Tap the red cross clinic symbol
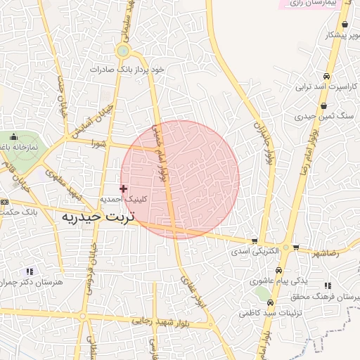click(124, 188)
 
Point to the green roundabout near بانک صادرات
click(123, 51)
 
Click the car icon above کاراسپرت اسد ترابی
click(326, 76)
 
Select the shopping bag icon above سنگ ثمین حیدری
click(323, 106)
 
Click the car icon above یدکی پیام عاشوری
click(279, 270)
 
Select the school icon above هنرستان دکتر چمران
click(30, 271)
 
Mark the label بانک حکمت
click(15, 212)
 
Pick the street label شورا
click(98, 143)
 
